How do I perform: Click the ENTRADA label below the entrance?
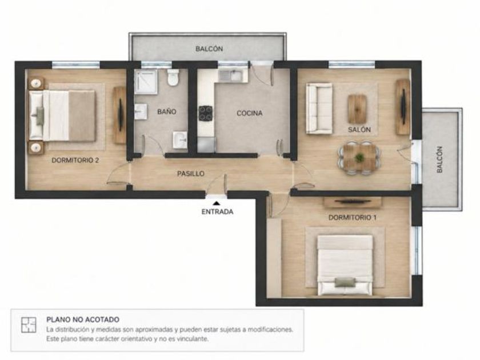pos(217,211)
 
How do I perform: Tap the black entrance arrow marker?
pos(217,203)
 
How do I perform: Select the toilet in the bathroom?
pos(173,77)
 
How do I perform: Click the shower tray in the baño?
pos(146,82)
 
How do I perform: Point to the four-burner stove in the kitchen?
pos(205,113)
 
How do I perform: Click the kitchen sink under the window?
pos(230,75)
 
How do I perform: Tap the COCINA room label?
pos(250,113)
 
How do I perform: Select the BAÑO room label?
pos(167,112)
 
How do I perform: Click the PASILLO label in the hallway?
pos(191,174)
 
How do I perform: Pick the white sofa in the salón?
pos(319,109)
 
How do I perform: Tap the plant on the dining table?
pos(359,158)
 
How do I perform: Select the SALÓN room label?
pos(359,130)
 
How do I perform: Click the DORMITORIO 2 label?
pos(75,160)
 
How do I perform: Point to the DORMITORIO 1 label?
pos(353,218)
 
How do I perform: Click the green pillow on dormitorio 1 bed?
pos(346,282)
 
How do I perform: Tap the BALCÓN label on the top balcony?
pos(209,49)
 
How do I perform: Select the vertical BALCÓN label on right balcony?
pos(439,159)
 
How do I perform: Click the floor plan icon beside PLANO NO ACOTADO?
pos(29,325)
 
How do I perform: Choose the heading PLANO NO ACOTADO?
pos(83,319)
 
